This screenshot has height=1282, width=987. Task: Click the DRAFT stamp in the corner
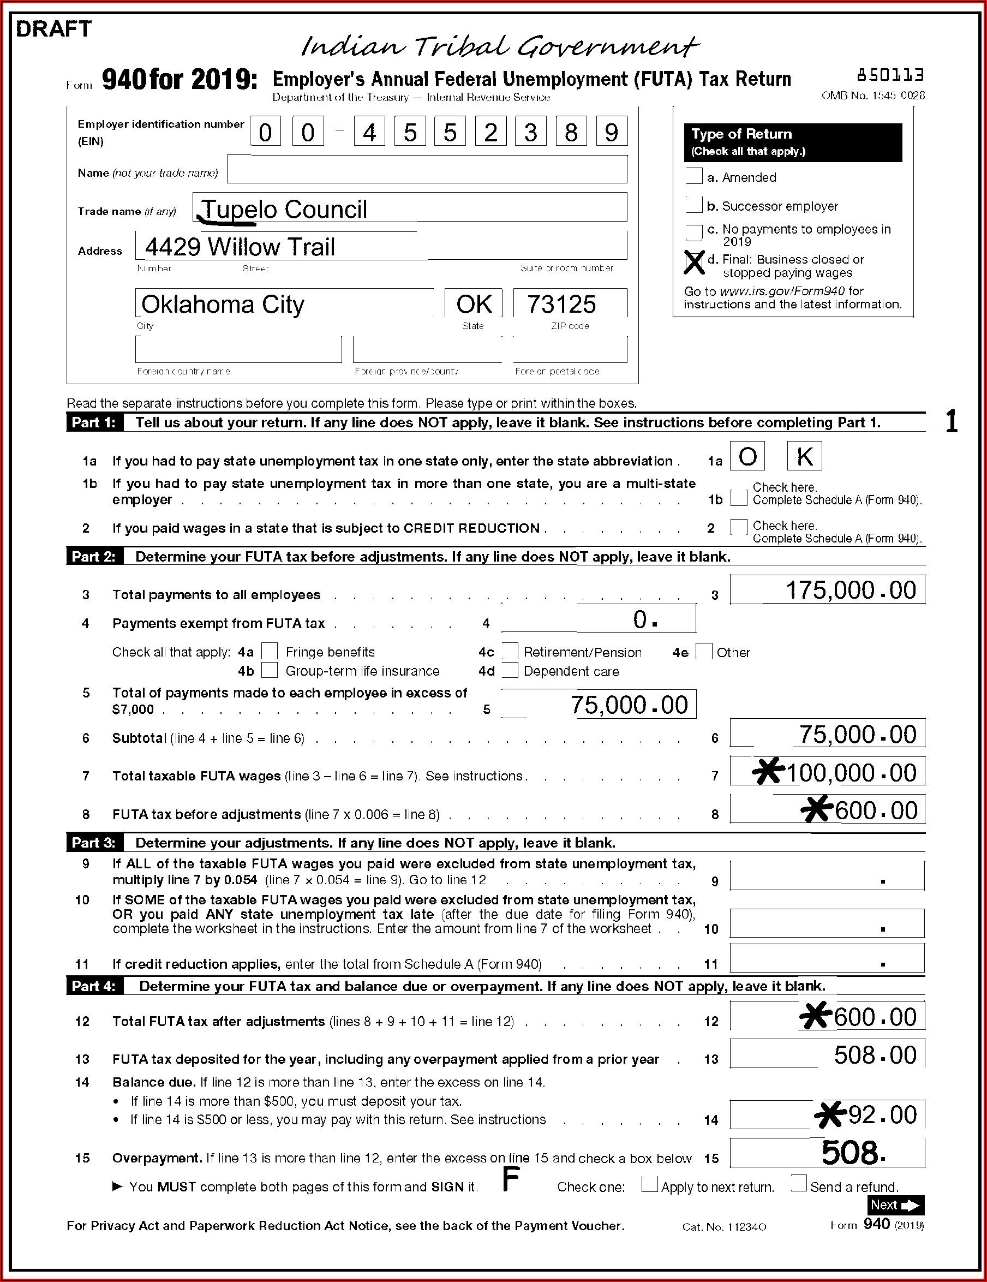(x=53, y=29)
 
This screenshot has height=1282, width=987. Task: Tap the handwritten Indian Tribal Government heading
(x=499, y=46)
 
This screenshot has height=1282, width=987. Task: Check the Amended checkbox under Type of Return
(x=694, y=176)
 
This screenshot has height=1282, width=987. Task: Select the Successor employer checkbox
(x=694, y=205)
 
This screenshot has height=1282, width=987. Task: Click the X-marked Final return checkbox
(x=694, y=263)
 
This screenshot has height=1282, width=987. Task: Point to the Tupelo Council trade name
(x=285, y=210)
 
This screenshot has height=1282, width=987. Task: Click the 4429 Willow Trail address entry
(x=240, y=247)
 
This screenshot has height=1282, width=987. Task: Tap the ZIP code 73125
(x=561, y=304)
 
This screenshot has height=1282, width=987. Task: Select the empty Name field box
(x=427, y=170)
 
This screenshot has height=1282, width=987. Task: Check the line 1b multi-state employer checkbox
(x=739, y=498)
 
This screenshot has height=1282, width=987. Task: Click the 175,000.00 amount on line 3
(x=850, y=591)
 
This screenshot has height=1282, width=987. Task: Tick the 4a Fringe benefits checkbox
(x=270, y=651)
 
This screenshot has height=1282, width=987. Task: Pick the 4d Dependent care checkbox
(x=510, y=670)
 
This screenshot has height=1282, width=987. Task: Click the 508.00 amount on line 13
(x=875, y=1056)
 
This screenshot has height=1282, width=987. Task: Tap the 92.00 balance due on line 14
(x=882, y=1114)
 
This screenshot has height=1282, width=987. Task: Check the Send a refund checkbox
(x=798, y=1183)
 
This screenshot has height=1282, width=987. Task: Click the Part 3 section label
(x=94, y=843)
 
